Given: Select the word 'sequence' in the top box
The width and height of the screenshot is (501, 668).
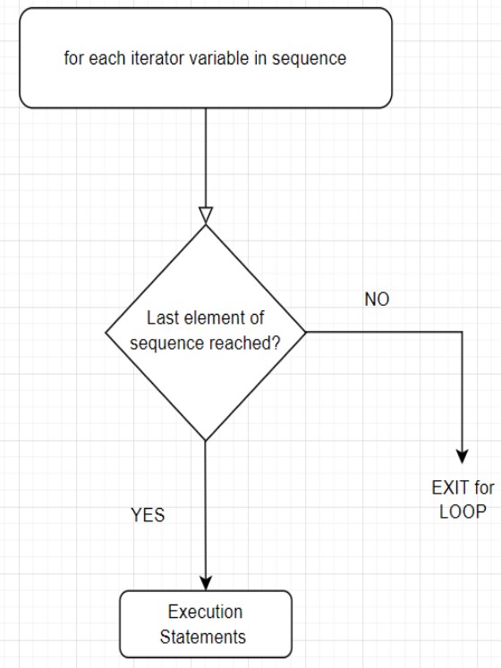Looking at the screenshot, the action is tap(310, 58).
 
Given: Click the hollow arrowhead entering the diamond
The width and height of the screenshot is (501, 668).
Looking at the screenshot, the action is tap(206, 216).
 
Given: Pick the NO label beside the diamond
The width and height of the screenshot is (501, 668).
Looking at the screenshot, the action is tap(377, 300).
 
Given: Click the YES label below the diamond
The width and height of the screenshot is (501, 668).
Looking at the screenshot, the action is tap(148, 515).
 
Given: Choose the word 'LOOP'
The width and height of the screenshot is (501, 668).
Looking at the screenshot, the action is tap(463, 512).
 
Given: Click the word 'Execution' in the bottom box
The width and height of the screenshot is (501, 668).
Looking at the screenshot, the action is tap(205, 612).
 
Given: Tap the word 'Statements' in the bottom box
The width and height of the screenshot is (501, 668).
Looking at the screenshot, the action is tap(203, 637).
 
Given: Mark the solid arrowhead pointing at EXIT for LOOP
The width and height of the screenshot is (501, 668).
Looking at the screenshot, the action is tap(463, 456).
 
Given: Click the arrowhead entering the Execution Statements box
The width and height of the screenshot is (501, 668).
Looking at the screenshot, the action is tap(206, 584).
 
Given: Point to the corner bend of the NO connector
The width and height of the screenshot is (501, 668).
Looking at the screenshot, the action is tap(463, 332).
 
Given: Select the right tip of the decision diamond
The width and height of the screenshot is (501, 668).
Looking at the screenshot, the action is tap(306, 332).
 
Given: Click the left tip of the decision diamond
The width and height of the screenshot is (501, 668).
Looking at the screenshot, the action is tap(106, 333).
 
